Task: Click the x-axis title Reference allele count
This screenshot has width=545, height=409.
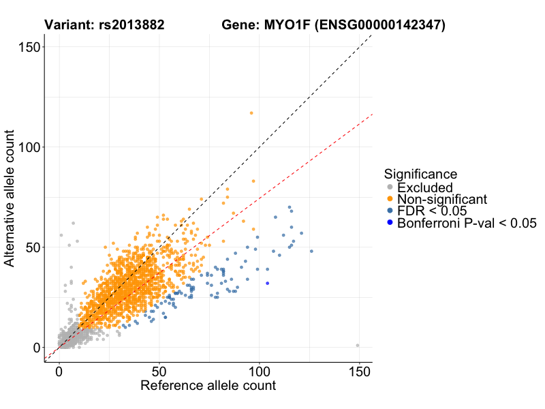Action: click(x=208, y=386)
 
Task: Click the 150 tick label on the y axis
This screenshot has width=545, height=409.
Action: click(x=27, y=47)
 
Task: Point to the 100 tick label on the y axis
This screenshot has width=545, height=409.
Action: click(x=27, y=147)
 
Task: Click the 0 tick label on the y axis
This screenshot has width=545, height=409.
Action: click(x=35, y=347)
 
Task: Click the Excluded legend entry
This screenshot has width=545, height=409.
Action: click(x=425, y=187)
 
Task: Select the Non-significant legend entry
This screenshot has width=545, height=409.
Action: click(x=442, y=199)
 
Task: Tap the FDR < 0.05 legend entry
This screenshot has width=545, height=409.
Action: click(x=431, y=211)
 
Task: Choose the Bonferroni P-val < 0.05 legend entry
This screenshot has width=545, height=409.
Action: click(x=467, y=223)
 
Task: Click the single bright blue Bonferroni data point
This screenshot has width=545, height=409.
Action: click(x=268, y=283)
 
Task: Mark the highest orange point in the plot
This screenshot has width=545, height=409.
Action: click(x=251, y=113)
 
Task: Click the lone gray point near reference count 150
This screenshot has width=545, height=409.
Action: click(x=358, y=346)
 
